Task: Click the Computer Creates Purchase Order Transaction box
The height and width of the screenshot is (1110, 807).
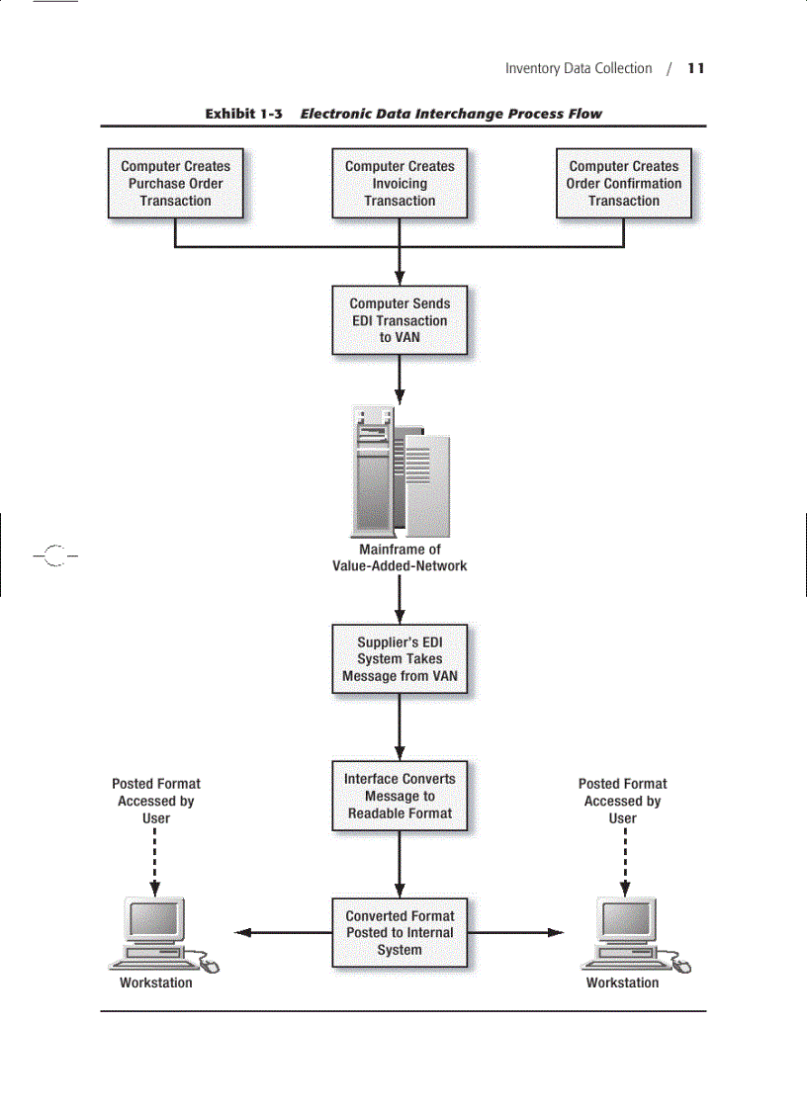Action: pyautogui.click(x=175, y=184)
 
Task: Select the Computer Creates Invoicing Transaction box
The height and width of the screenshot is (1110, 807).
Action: pyautogui.click(x=400, y=184)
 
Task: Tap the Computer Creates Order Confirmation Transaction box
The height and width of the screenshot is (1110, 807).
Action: pyautogui.click(x=623, y=184)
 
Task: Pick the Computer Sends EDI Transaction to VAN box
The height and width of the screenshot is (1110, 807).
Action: pyautogui.click(x=400, y=320)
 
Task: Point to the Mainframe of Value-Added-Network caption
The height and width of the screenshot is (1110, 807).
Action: pyautogui.click(x=400, y=557)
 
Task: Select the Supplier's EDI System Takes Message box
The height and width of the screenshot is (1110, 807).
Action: pyautogui.click(x=400, y=659)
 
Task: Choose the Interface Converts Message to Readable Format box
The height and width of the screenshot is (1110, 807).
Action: pyautogui.click(x=400, y=796)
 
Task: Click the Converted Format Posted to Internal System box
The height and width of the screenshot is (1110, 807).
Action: pyautogui.click(x=400, y=933)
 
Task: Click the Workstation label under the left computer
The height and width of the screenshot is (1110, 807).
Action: pyautogui.click(x=156, y=983)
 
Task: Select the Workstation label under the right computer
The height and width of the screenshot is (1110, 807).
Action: pyautogui.click(x=622, y=983)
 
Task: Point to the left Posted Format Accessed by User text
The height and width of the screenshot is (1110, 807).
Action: pyautogui.click(x=156, y=801)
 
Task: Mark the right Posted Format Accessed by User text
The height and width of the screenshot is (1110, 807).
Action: pyautogui.click(x=622, y=801)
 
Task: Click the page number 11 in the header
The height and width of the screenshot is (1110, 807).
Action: pyautogui.click(x=696, y=68)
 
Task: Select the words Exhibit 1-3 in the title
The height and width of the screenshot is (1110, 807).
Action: pyautogui.click(x=244, y=114)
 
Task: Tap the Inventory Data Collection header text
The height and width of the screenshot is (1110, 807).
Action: pyautogui.click(x=579, y=68)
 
